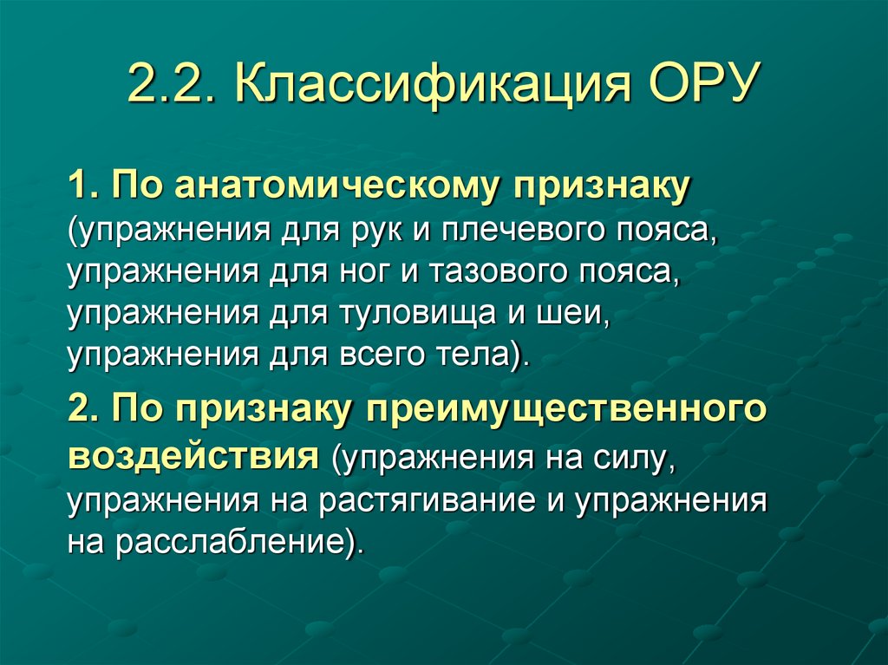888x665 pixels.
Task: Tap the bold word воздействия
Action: click(x=191, y=453)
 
